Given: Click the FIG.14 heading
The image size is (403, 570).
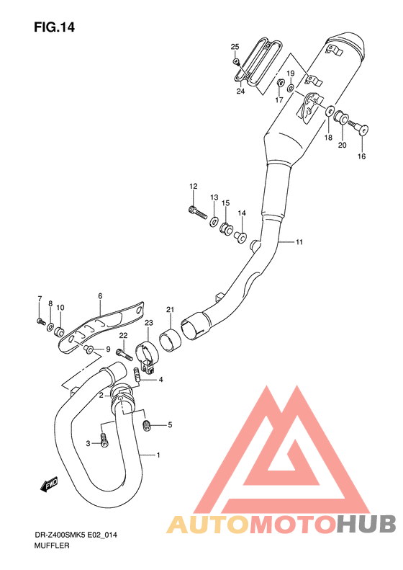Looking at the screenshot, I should [x=54, y=27].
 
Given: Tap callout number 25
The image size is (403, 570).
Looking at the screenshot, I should [x=235, y=47].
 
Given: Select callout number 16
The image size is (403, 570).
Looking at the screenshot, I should [x=361, y=156].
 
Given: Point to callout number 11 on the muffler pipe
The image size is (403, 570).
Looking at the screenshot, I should [x=299, y=242].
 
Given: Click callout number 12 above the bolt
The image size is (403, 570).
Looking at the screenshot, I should [x=193, y=187].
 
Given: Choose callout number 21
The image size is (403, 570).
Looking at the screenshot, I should [x=171, y=310].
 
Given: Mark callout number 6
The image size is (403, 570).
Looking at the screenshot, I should [x=100, y=295].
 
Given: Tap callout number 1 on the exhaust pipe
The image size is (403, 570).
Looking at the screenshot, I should [x=158, y=455].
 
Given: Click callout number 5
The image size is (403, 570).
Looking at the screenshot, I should [x=170, y=425].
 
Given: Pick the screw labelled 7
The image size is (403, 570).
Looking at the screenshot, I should [x=40, y=320].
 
